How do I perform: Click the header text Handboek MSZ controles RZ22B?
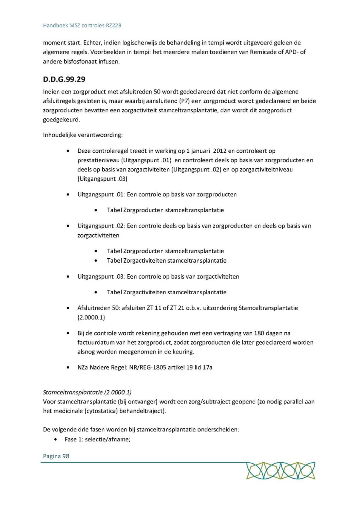(82, 26)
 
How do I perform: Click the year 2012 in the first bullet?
(220, 151)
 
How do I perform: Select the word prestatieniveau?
(100, 160)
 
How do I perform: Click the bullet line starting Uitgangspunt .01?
(157, 195)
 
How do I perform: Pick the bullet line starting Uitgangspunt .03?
(158, 277)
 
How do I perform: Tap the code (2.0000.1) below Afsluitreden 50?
(92, 317)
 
